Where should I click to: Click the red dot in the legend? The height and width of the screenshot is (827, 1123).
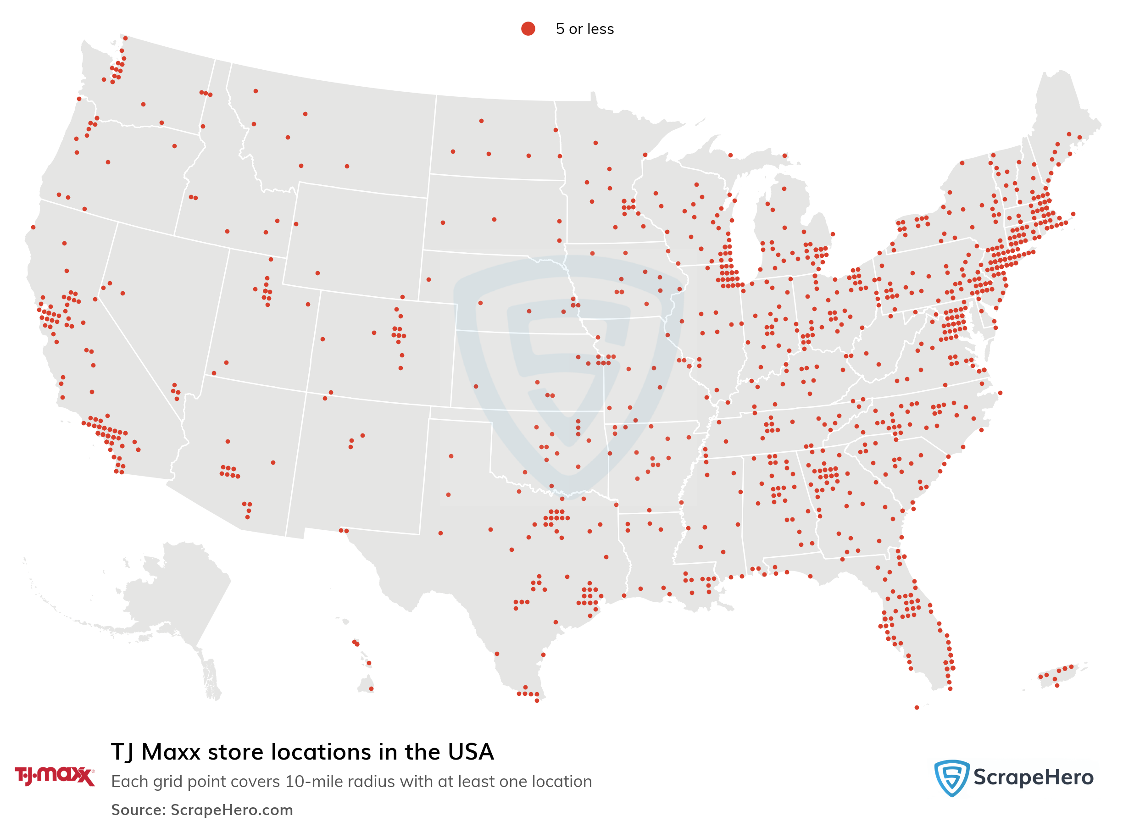[528, 28]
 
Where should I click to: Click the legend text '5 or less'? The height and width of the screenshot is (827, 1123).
[584, 29]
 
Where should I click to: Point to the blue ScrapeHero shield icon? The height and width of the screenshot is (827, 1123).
[951, 777]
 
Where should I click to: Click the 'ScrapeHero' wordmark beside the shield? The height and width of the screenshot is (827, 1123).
[1033, 777]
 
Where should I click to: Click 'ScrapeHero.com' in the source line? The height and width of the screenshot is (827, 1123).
[231, 810]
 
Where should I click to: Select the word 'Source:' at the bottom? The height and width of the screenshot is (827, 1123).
[138, 810]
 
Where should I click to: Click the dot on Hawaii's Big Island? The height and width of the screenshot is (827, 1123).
[371, 689]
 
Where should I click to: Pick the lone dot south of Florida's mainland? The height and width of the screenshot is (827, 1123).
[916, 707]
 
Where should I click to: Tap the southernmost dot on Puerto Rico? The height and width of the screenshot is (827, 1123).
[1057, 685]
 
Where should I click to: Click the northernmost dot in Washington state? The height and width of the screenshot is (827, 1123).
[125, 38]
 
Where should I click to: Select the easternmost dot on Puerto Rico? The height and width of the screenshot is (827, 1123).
[1072, 666]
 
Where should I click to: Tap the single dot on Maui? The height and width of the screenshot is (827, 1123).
[369, 663]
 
